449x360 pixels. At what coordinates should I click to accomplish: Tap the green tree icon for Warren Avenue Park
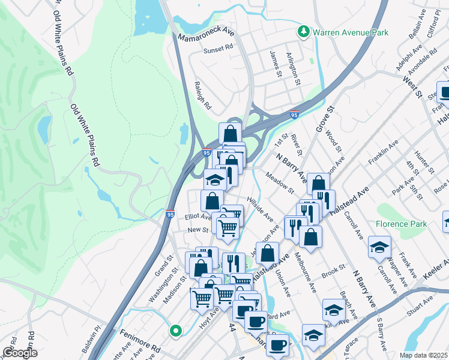[x=304, y=31]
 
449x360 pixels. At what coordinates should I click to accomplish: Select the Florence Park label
[x=402, y=224]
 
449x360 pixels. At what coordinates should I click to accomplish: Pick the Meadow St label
[x=280, y=182]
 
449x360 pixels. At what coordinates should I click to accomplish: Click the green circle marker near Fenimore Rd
[x=175, y=330]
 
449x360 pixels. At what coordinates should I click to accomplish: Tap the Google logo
[x=19, y=353]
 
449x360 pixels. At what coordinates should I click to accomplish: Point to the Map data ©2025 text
[x=424, y=355]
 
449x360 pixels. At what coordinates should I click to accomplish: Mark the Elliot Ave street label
[x=197, y=217]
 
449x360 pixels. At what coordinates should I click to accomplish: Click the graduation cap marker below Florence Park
[x=379, y=247]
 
